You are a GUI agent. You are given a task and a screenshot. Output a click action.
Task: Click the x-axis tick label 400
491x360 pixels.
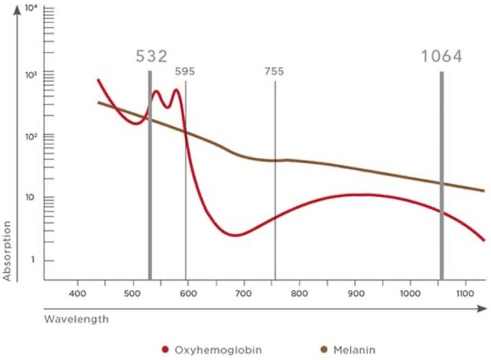pyautogui.click(x=77, y=294)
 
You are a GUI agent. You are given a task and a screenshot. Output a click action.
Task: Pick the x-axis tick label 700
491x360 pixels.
pyautogui.click(x=243, y=294)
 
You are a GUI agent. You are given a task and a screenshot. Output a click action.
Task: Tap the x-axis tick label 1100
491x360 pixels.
pyautogui.click(x=466, y=294)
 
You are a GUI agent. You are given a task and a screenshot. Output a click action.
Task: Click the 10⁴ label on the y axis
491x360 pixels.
pyautogui.click(x=30, y=9)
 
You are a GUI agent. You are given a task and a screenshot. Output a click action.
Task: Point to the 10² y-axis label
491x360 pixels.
pyautogui.click(x=30, y=136)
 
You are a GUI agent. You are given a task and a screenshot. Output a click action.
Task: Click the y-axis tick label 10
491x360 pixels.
pyautogui.click(x=30, y=198)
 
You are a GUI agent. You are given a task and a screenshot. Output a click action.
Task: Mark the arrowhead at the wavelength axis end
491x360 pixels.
pyautogui.click(x=482, y=307)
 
